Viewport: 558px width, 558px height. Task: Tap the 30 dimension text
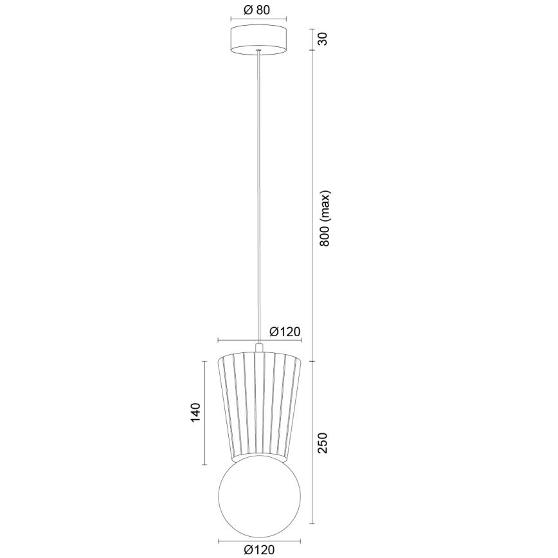click(x=323, y=39)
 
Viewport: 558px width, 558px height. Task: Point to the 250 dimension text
click(x=323, y=444)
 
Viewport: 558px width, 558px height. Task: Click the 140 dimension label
click(x=195, y=412)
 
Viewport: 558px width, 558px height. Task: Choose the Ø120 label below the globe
click(x=259, y=548)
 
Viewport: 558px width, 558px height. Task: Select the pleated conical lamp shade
click(x=259, y=405)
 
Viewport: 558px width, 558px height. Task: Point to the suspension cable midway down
click(x=259, y=193)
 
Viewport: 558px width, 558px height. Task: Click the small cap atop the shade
click(x=259, y=347)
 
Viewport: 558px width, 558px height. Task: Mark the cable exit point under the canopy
click(x=259, y=51)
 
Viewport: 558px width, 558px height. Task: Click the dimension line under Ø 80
click(x=259, y=21)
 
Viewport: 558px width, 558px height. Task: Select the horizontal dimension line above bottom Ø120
click(x=259, y=538)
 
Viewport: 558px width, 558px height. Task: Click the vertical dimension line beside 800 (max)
click(x=312, y=206)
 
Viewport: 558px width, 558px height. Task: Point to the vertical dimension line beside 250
click(x=312, y=444)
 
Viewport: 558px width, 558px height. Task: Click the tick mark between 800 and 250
click(x=312, y=361)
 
